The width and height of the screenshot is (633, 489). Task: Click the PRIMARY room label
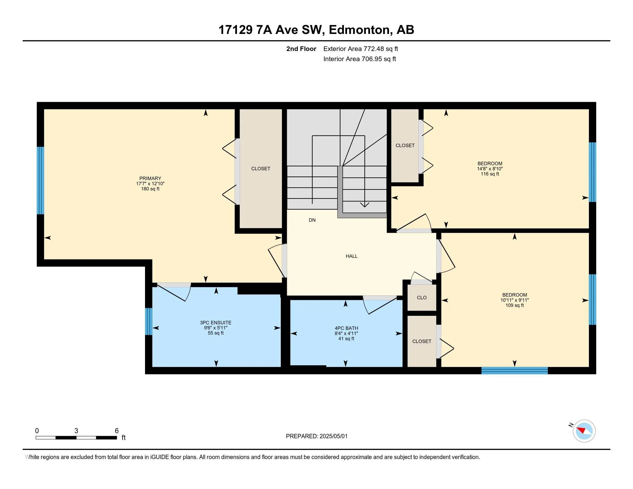click(x=150, y=178)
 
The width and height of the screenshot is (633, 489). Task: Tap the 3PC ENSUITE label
click(x=216, y=323)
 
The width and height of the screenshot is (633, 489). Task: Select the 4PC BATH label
click(x=346, y=328)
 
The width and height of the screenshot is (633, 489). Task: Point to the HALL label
click(x=352, y=256)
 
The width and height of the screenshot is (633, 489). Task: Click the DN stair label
click(x=312, y=220)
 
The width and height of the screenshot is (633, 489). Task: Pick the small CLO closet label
click(x=422, y=297)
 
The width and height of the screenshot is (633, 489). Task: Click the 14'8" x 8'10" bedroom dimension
click(x=490, y=169)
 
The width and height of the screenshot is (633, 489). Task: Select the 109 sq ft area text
click(x=514, y=305)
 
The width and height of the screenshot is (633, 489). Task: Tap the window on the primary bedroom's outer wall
click(x=41, y=180)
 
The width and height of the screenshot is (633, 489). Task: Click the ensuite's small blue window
click(x=149, y=321)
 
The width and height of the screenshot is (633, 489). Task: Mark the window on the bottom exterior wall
click(x=514, y=370)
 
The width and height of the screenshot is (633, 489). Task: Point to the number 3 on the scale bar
click(x=76, y=431)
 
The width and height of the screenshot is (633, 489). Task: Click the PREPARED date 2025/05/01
click(x=333, y=436)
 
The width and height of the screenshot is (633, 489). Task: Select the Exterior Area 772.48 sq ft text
click(x=361, y=49)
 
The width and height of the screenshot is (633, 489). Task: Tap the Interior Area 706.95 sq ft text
click(x=360, y=59)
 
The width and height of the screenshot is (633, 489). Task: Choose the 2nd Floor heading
click(x=301, y=49)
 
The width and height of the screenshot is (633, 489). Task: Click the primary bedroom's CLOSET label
click(x=261, y=169)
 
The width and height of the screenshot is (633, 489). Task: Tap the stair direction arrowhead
click(x=365, y=205)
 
